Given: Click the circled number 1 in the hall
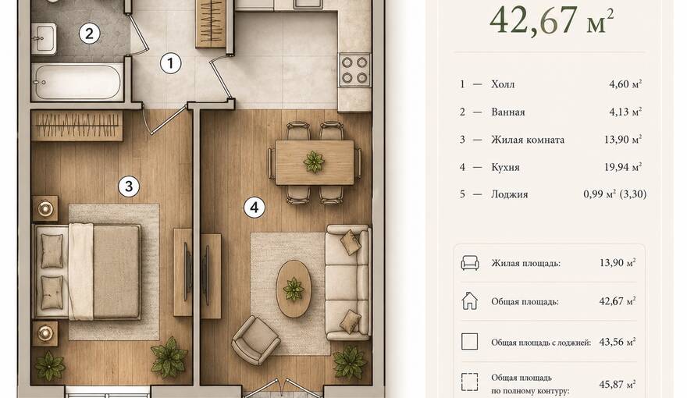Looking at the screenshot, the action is pyautogui.click(x=170, y=63).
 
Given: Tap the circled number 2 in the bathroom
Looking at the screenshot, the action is pyautogui.click(x=89, y=34).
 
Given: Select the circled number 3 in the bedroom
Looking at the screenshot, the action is pyautogui.click(x=129, y=186).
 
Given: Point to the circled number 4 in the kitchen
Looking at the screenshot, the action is pyautogui.click(x=255, y=207).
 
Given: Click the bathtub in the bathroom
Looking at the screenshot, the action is pyautogui.click(x=77, y=82).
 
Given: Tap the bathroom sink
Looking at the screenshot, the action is pyautogui.click(x=44, y=38).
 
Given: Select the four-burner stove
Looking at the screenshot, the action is pyautogui.click(x=354, y=70).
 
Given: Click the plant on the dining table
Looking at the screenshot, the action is pyautogui.click(x=314, y=162).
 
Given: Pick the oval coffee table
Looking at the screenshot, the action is pyautogui.click(x=294, y=289).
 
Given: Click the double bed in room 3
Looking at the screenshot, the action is pyautogui.click(x=87, y=272).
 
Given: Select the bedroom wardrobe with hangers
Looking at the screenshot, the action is pyautogui.click(x=77, y=126).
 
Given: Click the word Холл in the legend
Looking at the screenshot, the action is pyautogui.click(x=503, y=84).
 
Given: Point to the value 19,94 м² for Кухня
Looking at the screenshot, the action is pyautogui.click(x=623, y=167).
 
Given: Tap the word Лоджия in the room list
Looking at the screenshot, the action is pyautogui.click(x=510, y=194).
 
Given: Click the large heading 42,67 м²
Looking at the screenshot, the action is pyautogui.click(x=551, y=20).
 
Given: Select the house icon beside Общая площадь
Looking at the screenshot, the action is pyautogui.click(x=470, y=301).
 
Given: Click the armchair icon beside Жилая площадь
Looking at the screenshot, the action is pyautogui.click(x=470, y=263).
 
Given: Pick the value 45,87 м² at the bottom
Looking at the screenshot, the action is pyautogui.click(x=618, y=385).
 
